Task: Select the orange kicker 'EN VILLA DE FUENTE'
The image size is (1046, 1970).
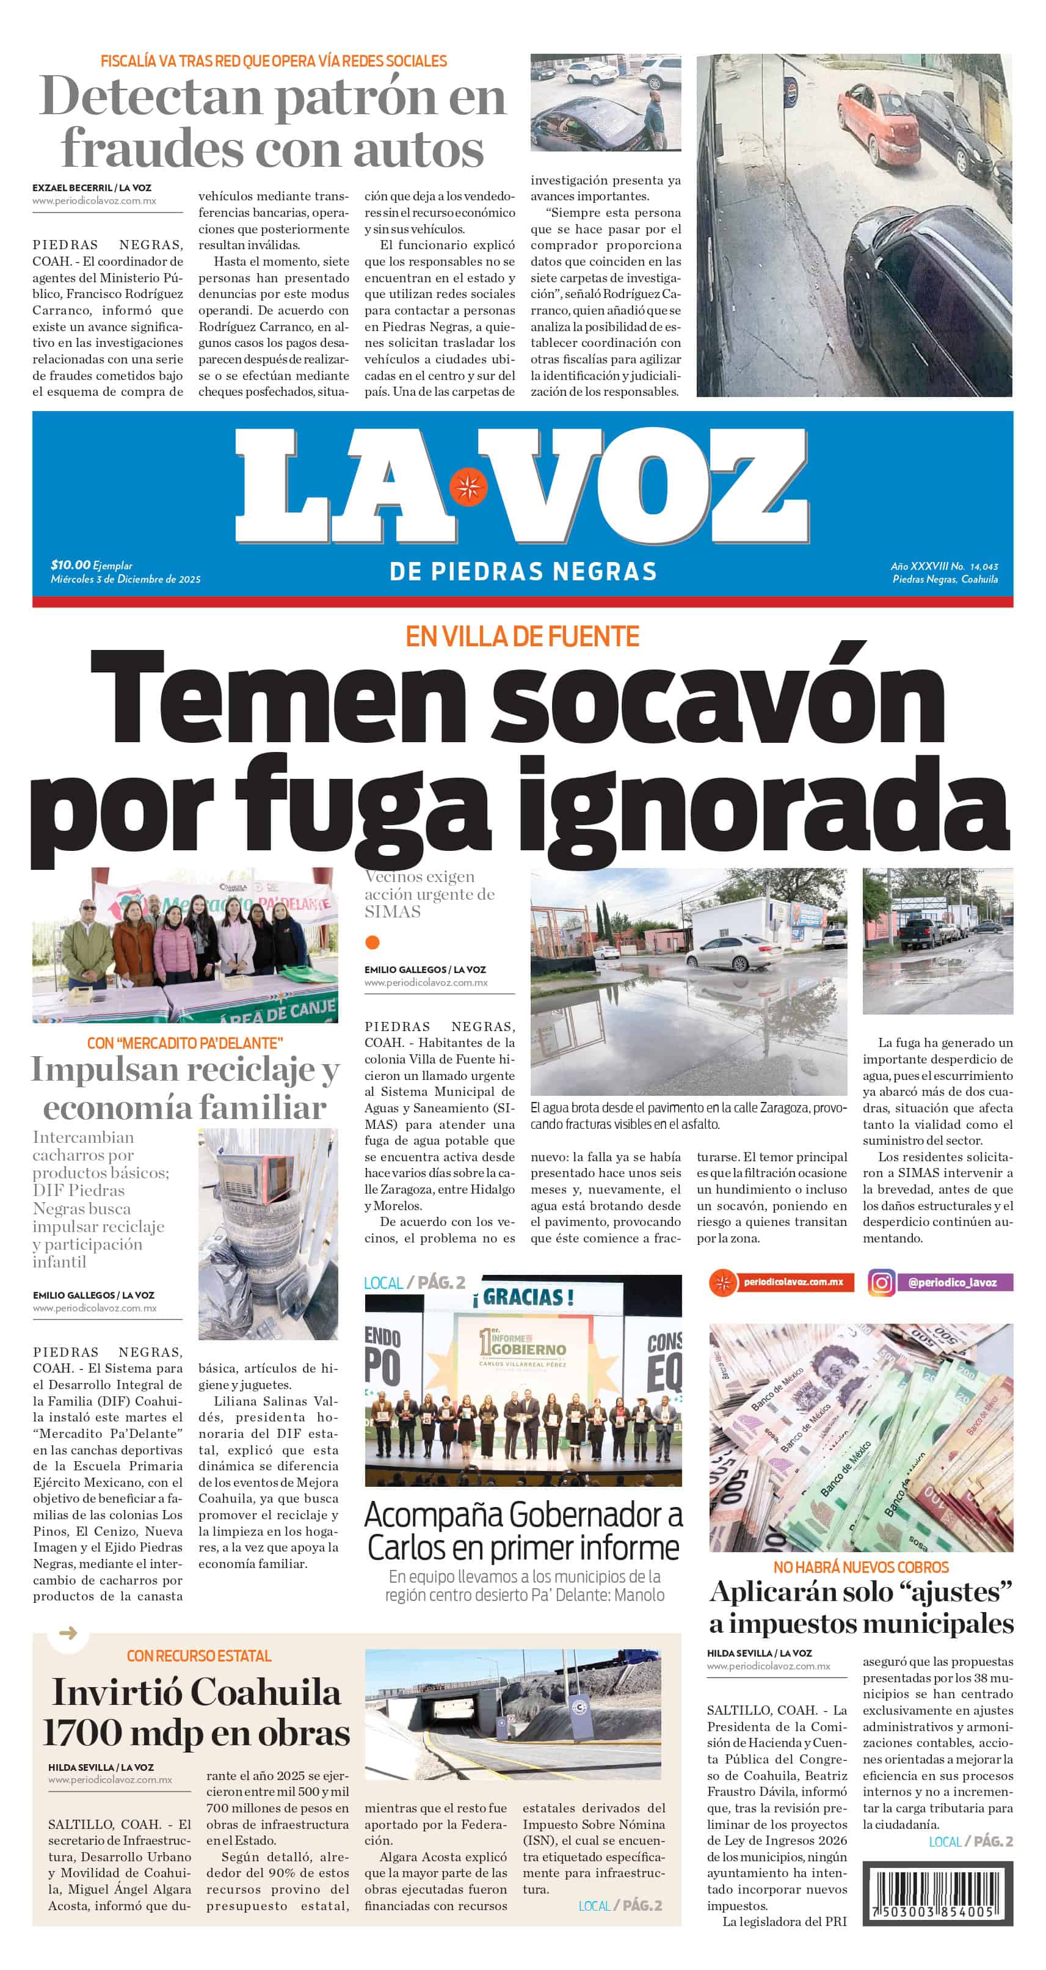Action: pos(522,637)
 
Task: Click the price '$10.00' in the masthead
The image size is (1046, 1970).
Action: pos(70,564)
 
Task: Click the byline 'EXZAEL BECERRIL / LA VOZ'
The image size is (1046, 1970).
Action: pos(92,188)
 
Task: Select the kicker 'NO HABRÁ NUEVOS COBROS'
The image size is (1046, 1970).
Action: pos(860,1567)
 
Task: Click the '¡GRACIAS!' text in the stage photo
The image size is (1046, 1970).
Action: pos(523,1297)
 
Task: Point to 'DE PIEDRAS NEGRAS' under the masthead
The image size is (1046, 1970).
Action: pos(523,571)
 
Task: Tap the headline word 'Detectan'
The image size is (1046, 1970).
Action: pos(149,98)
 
